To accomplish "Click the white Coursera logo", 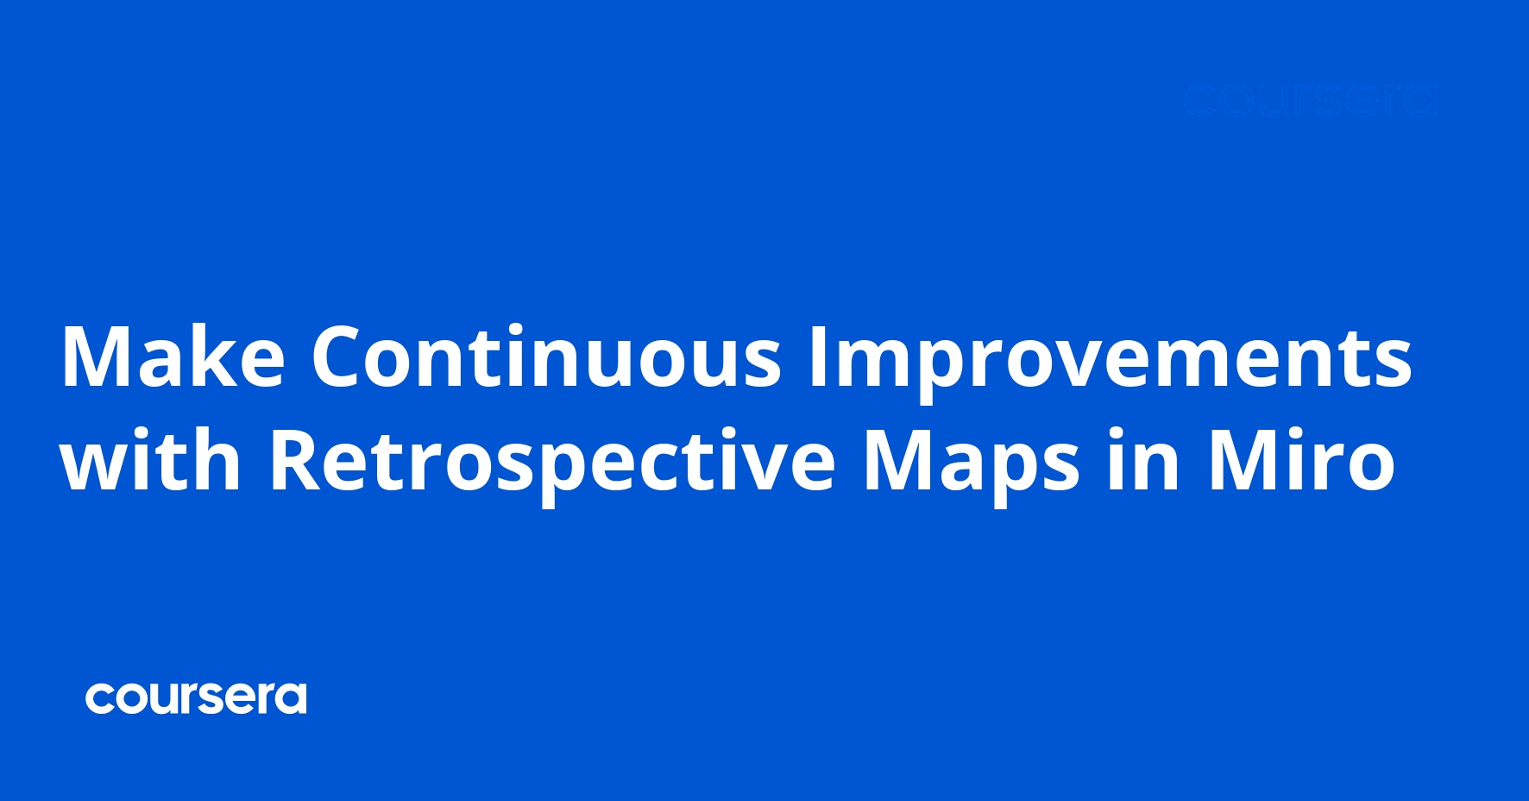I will tap(196, 698).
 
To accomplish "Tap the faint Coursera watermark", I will tap(1310, 101).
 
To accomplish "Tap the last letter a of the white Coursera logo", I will tap(291, 699).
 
